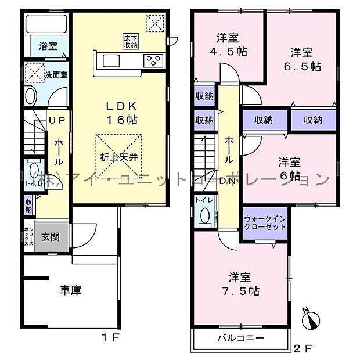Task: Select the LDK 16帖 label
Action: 121,111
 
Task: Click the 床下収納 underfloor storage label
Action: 130,41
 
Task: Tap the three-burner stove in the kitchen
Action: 154,60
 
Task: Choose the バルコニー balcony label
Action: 241,337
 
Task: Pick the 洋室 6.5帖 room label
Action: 306,59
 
